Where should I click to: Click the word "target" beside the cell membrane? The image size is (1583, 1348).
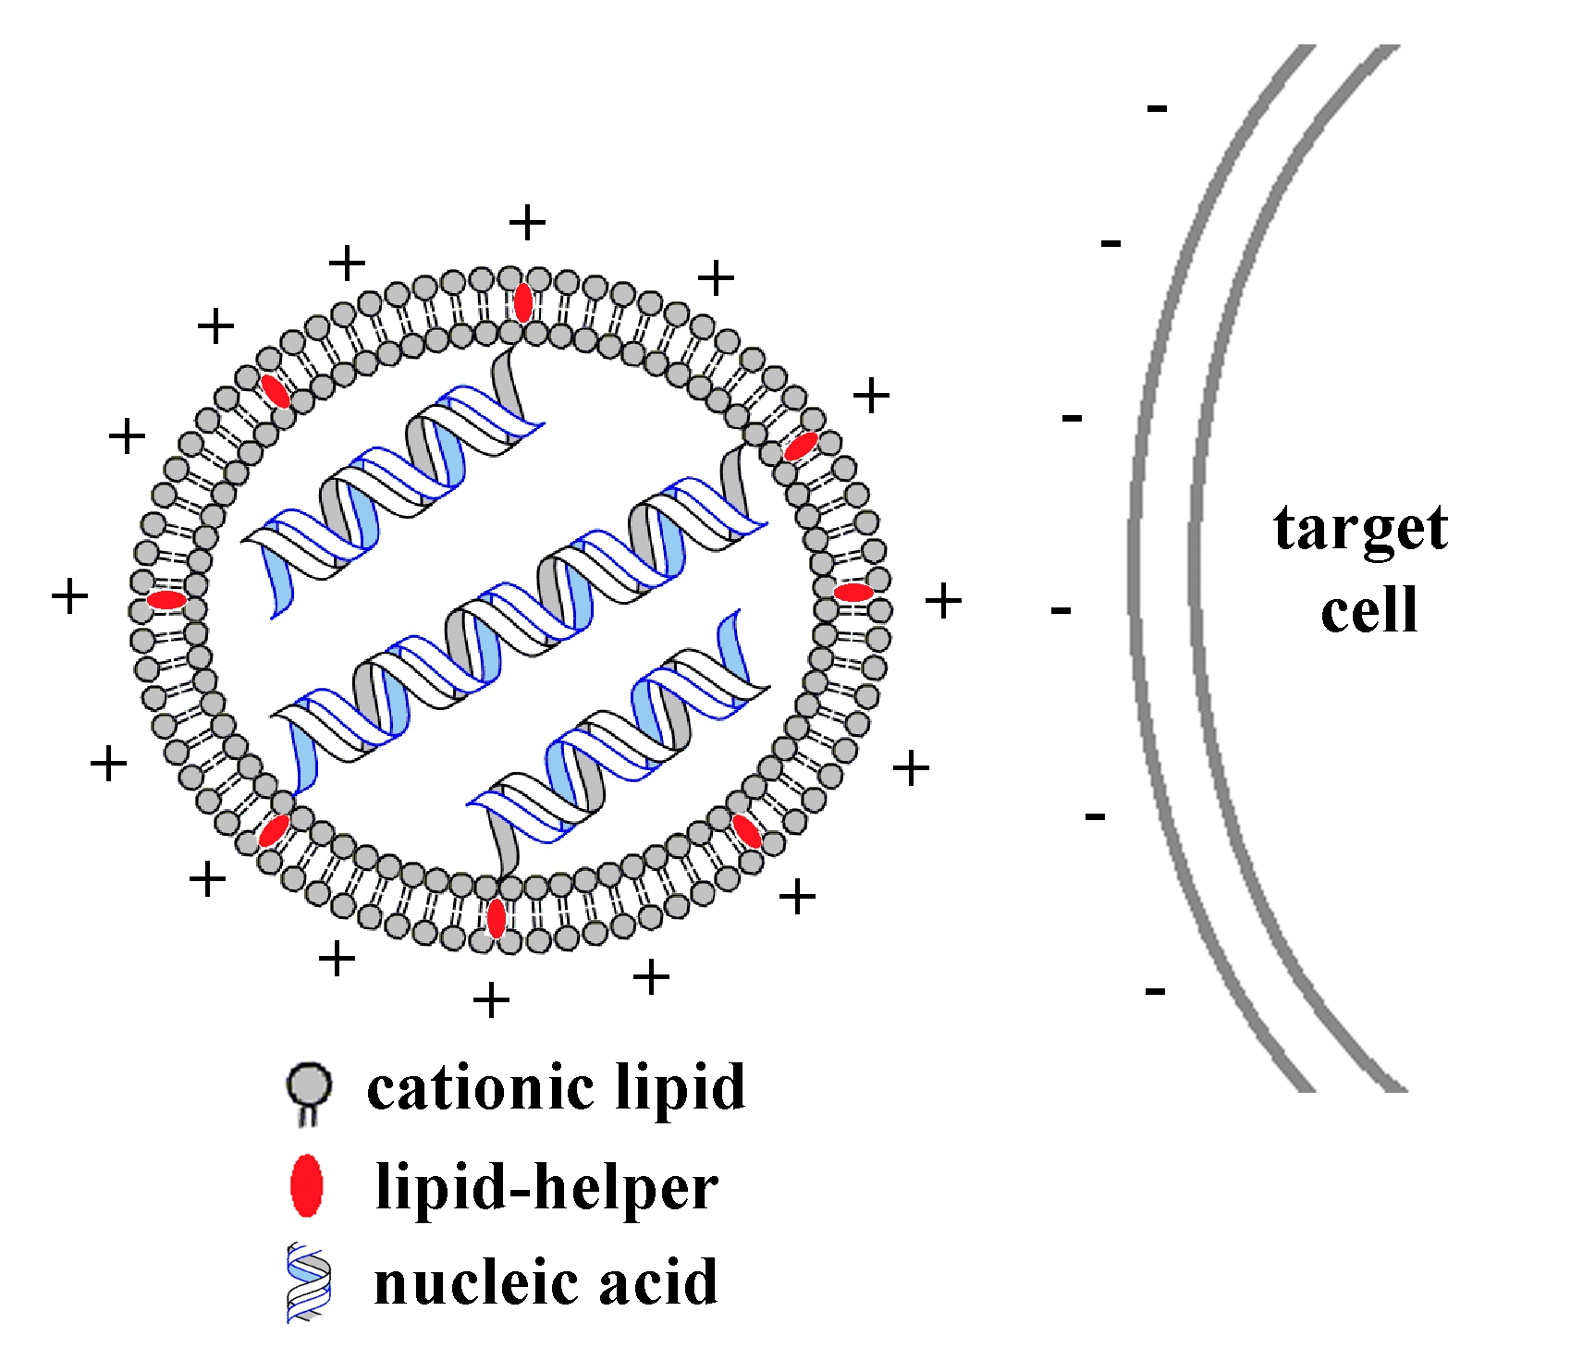pos(1359,529)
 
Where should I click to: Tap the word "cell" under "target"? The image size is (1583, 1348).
pos(1368,610)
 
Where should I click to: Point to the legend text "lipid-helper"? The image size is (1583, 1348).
pos(546,1188)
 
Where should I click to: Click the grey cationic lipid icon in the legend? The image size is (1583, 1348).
pos(309,1091)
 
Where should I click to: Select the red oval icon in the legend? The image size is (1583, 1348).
pos(306,1185)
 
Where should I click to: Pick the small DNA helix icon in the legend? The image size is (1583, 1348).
pos(309,1282)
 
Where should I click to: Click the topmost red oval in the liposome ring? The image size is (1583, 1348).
pos(523,302)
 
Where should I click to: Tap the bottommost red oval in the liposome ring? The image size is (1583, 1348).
pos(497,918)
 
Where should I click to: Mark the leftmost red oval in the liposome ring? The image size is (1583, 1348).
pos(166,600)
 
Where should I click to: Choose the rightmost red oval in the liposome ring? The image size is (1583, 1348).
pos(853,593)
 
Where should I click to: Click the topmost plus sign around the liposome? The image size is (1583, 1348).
pos(528,223)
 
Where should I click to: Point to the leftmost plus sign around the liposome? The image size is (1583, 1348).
pos(69,596)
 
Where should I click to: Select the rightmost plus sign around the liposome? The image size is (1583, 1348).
pos(943,601)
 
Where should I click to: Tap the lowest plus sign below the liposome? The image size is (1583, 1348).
pos(491,1000)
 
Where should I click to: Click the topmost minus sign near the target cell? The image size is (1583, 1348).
pos(1157,109)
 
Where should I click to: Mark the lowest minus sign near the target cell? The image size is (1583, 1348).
pos(1155,992)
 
